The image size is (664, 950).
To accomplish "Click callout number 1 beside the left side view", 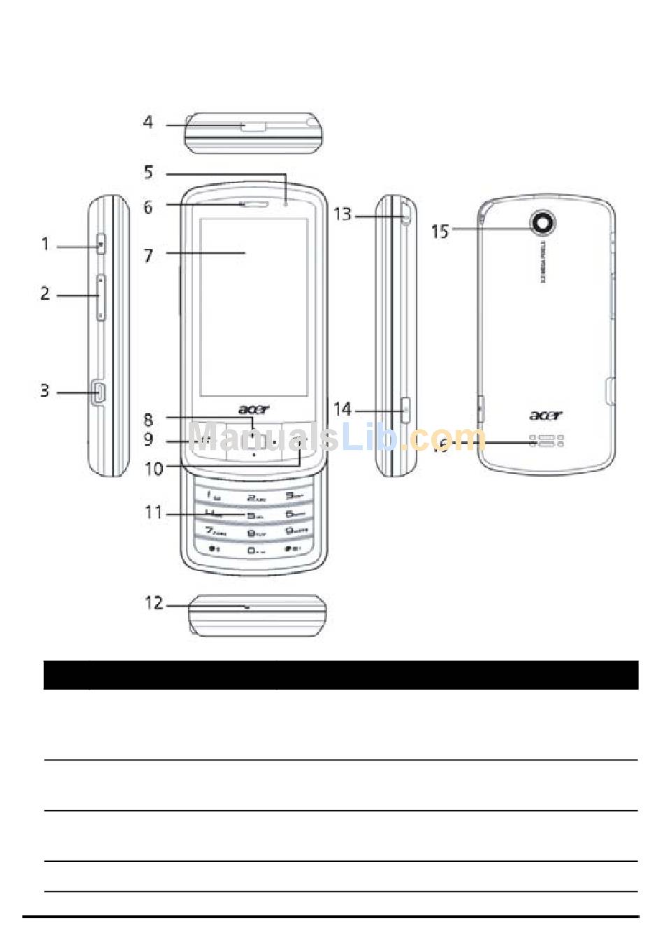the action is [45, 244].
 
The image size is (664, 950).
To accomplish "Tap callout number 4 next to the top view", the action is [148, 122].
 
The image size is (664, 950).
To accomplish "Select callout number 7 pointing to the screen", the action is [148, 256].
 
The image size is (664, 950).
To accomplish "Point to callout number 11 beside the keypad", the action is [154, 513].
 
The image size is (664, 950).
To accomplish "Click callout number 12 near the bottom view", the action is [154, 603].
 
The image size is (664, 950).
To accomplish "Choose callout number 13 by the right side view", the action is [342, 214].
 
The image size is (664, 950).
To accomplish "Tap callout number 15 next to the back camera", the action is [440, 231].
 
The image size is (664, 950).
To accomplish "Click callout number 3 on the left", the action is [45, 390].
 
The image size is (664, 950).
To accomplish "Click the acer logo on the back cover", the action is [545, 416].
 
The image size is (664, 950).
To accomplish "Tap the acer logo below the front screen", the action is [253, 410].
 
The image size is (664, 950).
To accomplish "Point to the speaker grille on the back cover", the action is [546, 441].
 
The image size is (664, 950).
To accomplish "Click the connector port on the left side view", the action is [99, 393].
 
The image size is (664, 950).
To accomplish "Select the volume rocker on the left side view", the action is [101, 298].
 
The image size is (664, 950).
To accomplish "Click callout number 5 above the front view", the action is [148, 172].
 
